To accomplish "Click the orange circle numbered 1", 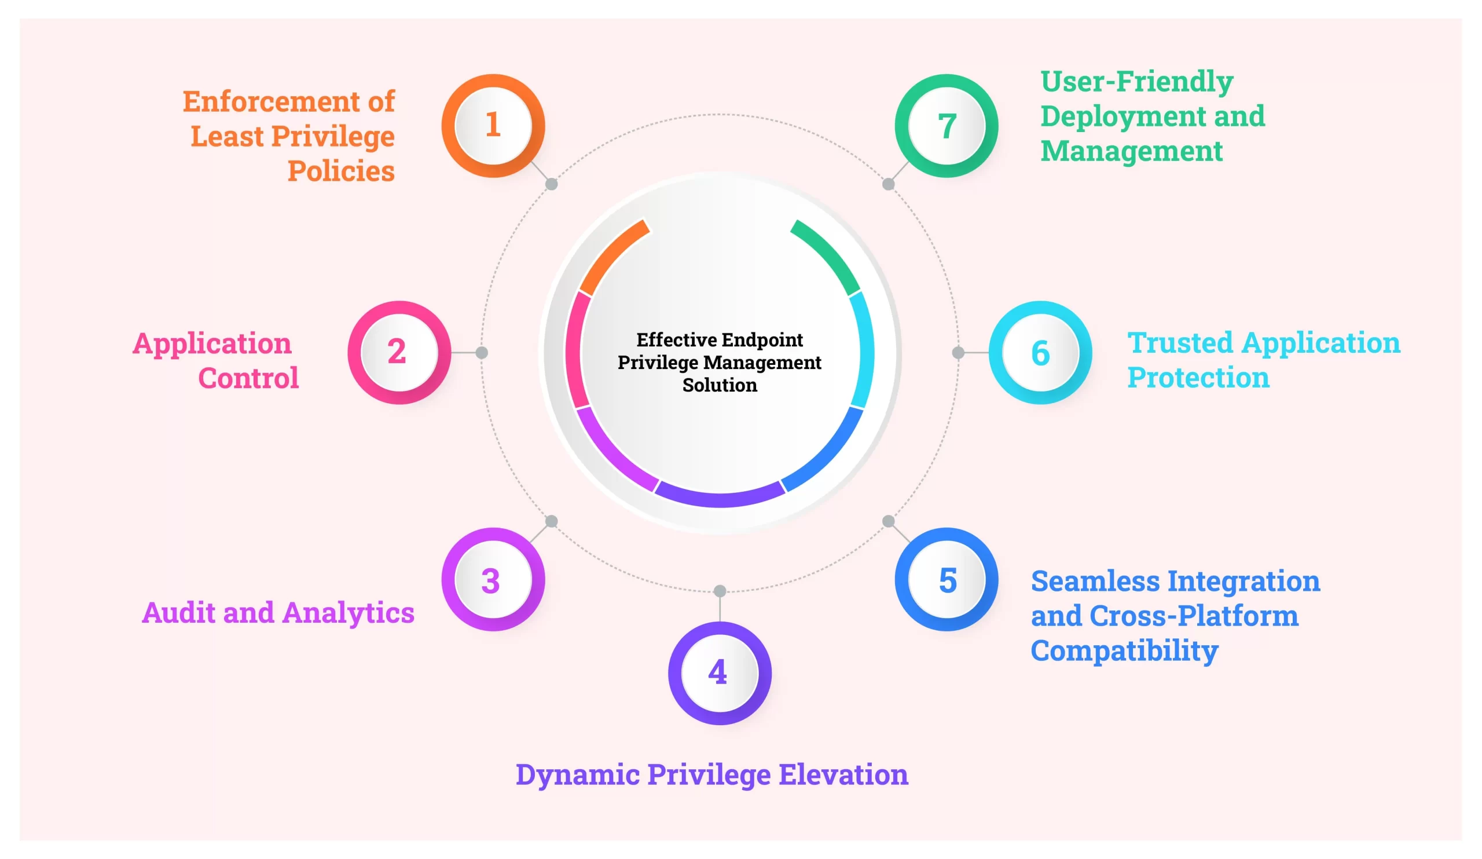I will point(493,125).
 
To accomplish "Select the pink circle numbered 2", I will point(399,352).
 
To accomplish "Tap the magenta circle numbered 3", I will point(493,580).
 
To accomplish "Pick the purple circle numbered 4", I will point(719,673).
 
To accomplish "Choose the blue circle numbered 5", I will point(947,580).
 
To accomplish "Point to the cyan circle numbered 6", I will point(1040,352).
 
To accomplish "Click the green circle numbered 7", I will point(947,125).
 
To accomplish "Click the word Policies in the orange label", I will point(340,171).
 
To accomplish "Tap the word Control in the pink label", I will point(248,378).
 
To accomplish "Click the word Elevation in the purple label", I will point(843,774).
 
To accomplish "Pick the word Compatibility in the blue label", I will point(1124,650).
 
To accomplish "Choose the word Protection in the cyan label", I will point(1198,377).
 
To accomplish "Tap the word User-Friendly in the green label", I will point(1136,81).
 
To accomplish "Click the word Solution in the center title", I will point(719,385).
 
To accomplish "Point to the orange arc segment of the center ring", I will point(612,256).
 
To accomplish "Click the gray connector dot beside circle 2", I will point(482,352).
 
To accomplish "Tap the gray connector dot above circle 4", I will point(719,591).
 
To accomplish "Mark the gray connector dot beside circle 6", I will point(958,352).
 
